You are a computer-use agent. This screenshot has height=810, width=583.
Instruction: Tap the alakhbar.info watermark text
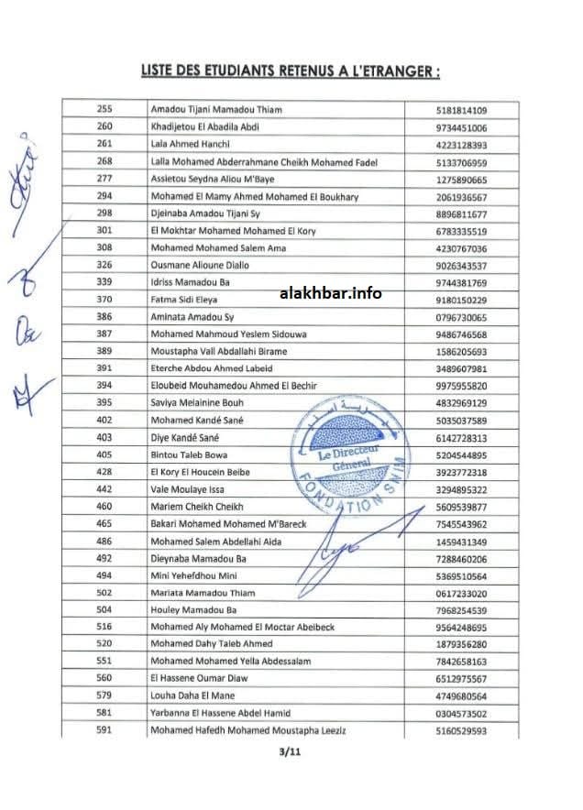329,293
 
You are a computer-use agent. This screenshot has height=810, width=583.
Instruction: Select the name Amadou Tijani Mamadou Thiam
216,110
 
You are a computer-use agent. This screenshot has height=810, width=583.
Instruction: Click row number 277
104,180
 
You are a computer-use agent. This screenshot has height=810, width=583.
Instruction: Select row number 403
104,438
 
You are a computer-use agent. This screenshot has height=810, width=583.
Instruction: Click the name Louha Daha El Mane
194,696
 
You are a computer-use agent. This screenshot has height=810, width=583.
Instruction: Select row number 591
104,731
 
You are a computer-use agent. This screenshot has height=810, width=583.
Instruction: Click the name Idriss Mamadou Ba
190,284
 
